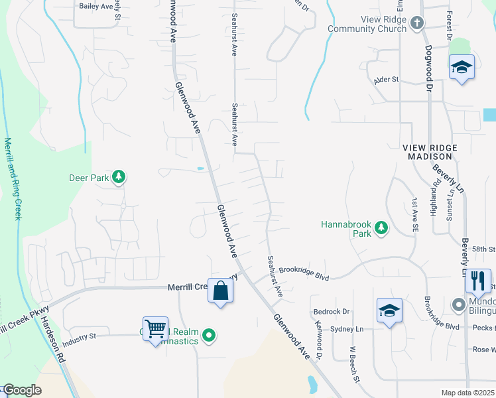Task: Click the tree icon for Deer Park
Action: click(x=119, y=177)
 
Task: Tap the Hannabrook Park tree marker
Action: click(x=381, y=228)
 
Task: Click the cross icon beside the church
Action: click(x=416, y=25)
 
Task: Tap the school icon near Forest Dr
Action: click(x=462, y=68)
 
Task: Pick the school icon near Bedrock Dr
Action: click(x=389, y=310)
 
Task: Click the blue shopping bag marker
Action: click(x=220, y=291)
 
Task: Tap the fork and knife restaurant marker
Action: click(x=477, y=281)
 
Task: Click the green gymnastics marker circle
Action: click(x=210, y=336)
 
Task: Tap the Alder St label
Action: click(x=385, y=80)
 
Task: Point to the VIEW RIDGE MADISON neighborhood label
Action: click(x=428, y=152)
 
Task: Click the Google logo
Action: click(x=22, y=390)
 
